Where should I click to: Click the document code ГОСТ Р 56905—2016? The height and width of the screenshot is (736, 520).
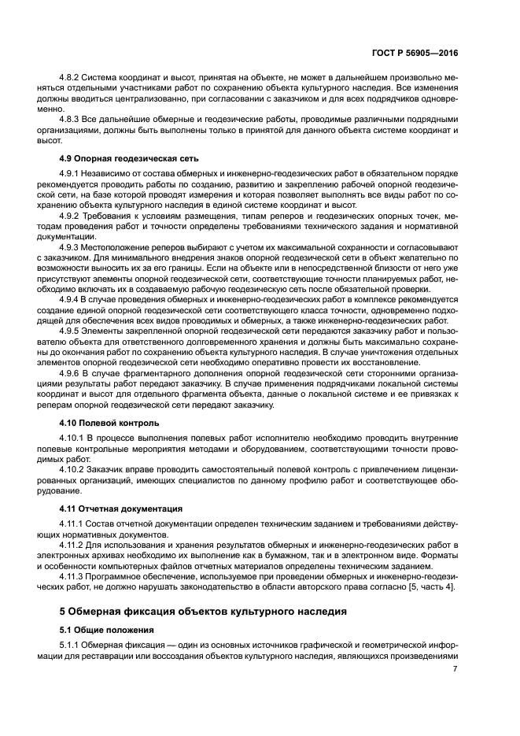pos(415,53)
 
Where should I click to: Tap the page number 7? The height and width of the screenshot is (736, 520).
pos(455,669)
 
